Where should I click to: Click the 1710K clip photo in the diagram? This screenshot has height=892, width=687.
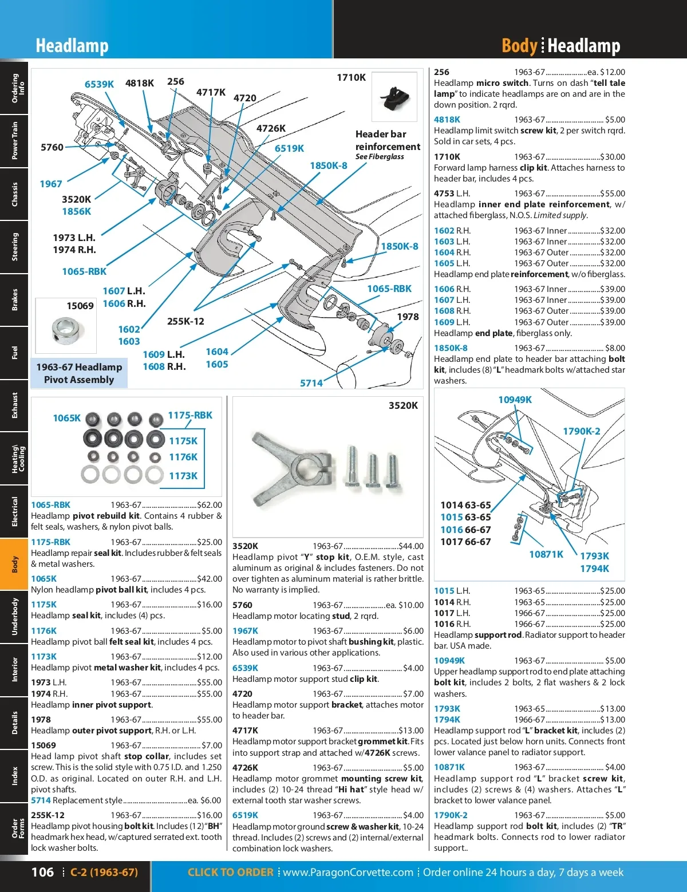[394, 98]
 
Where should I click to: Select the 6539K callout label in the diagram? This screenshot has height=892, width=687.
[99, 84]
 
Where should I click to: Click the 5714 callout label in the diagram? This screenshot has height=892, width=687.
[311, 383]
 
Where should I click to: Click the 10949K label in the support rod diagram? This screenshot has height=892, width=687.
[515, 400]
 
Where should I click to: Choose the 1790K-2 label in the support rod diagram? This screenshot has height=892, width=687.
[581, 431]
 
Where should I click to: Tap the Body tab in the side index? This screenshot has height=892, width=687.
[14, 564]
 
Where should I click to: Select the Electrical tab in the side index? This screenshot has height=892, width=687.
[14, 511]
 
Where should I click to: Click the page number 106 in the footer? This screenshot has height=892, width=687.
[42, 872]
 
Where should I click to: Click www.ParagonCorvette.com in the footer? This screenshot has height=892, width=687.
[348, 872]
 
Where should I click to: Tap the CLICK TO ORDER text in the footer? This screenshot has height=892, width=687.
[230, 872]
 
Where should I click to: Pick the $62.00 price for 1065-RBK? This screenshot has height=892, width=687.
[210, 505]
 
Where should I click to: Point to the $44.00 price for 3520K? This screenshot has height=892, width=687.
[411, 546]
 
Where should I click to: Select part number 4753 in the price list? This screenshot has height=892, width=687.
[444, 194]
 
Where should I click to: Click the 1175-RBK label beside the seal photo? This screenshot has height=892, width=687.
[189, 415]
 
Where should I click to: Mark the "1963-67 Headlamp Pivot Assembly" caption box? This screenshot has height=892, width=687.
[79, 373]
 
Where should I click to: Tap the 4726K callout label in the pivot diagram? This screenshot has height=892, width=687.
[271, 128]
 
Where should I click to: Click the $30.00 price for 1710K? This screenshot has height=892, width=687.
[613, 157]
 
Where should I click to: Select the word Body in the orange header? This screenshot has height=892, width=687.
[519, 46]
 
